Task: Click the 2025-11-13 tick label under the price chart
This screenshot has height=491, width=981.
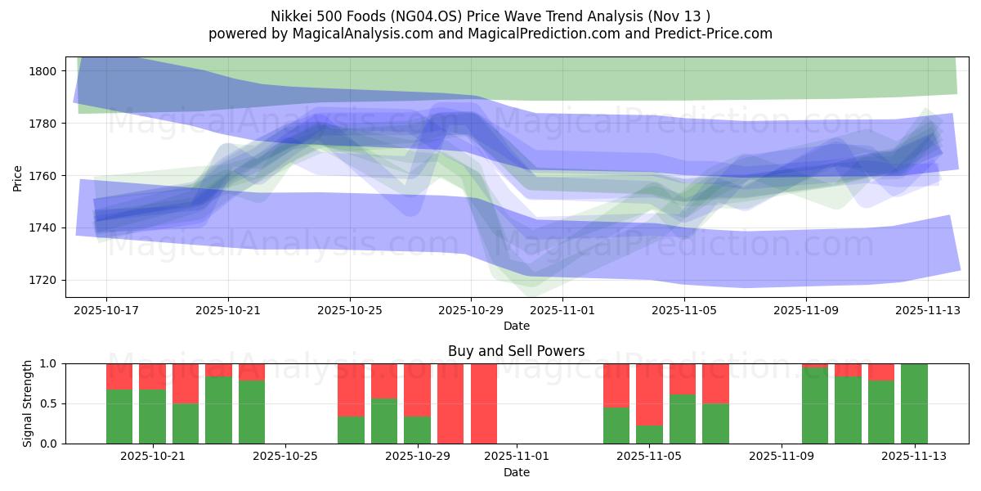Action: click(928, 311)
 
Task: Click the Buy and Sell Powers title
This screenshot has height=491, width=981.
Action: click(516, 351)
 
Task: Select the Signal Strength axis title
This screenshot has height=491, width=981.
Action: click(28, 403)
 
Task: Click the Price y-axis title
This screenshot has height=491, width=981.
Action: click(18, 177)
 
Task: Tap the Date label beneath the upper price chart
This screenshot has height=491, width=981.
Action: click(516, 326)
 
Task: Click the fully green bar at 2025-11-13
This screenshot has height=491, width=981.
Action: click(914, 403)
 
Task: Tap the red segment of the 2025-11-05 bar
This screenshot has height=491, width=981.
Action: click(649, 394)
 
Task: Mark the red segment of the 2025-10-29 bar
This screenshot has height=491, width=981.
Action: click(417, 390)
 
